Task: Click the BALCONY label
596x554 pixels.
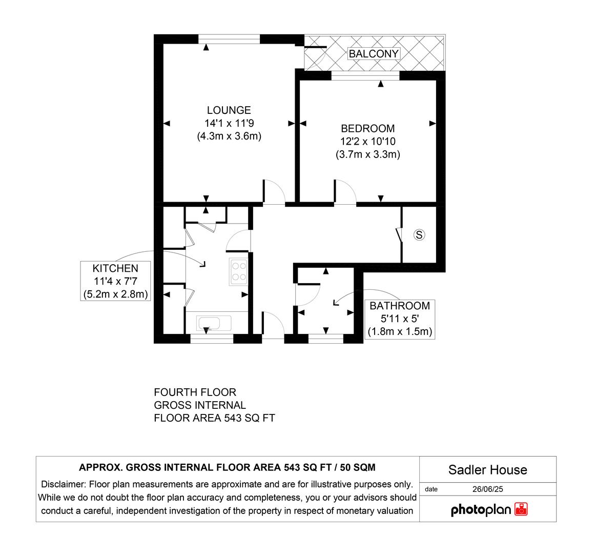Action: pos(373,53)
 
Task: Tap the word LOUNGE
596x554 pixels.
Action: pos(229,110)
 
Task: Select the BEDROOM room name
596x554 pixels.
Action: pos(368,128)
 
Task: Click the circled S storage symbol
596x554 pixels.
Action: pos(419,235)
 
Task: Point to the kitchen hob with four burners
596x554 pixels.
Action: pos(238,271)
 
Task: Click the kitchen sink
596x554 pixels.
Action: pos(214,324)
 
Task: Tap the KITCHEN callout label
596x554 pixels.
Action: pos(115,268)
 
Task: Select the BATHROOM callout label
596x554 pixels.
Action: pos(400,306)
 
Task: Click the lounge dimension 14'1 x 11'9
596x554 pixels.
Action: pos(229,123)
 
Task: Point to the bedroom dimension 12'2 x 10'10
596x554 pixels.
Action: pos(368,141)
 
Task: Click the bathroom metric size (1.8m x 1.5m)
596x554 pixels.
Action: pos(400,331)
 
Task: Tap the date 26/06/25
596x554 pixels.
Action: pos(487,489)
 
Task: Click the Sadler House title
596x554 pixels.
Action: pos(487,469)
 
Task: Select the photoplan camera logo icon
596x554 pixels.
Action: pos(521,509)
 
